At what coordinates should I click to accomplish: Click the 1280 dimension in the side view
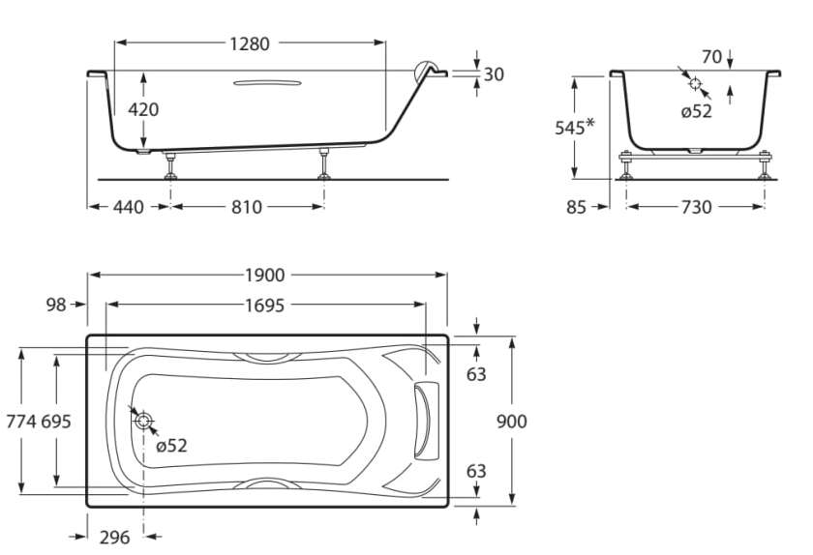pyautogui.click(x=249, y=44)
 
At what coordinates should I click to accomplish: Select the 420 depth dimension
pyautogui.click(x=143, y=109)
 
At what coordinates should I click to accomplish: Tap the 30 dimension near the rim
pyautogui.click(x=494, y=74)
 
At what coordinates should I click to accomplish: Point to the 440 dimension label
pyautogui.click(x=128, y=207)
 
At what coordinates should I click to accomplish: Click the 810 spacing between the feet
pyautogui.click(x=246, y=207)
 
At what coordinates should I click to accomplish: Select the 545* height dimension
pyautogui.click(x=575, y=128)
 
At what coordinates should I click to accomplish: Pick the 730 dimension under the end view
pyautogui.click(x=696, y=207)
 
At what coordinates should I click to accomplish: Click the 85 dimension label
pyautogui.click(x=577, y=207)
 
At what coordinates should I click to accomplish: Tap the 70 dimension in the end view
pyautogui.click(x=711, y=57)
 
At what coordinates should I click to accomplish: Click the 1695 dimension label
pyautogui.click(x=263, y=306)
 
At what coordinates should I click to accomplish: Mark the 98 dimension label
pyautogui.click(x=57, y=306)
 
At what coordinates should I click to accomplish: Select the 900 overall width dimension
pyautogui.click(x=511, y=422)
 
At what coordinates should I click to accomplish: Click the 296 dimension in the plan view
pyautogui.click(x=114, y=538)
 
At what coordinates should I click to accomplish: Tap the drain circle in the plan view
pyautogui.click(x=143, y=421)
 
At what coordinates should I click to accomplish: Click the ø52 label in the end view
pyautogui.click(x=696, y=111)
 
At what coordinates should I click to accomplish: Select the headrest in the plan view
pyautogui.click(x=425, y=421)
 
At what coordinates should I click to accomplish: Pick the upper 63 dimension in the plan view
pyautogui.click(x=476, y=373)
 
